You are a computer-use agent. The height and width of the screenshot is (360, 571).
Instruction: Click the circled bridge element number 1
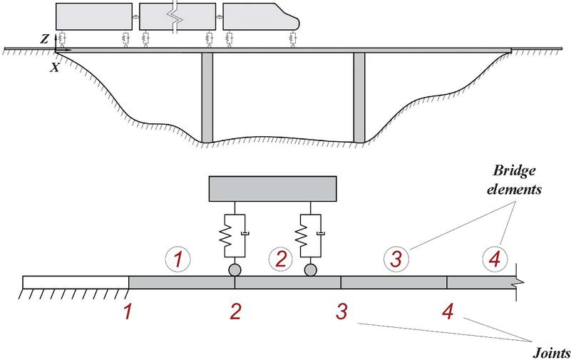click(x=178, y=259)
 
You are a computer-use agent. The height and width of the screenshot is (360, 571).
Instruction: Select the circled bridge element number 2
click(x=281, y=259)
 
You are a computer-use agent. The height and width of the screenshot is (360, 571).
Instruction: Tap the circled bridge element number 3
click(x=396, y=259)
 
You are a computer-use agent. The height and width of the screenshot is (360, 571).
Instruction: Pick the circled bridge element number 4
click(x=495, y=259)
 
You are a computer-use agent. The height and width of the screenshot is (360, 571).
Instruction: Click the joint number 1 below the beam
click(x=127, y=312)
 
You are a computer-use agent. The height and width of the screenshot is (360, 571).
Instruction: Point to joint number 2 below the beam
click(x=236, y=312)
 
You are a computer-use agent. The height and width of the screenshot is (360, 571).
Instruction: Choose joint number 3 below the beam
click(x=341, y=312)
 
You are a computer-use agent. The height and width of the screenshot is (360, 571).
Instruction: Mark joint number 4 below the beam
click(x=448, y=312)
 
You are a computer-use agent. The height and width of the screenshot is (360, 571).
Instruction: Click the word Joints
click(x=551, y=353)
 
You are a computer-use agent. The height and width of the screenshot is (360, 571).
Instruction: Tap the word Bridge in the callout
click(x=514, y=171)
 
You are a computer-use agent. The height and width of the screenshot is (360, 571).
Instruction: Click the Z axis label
click(x=44, y=39)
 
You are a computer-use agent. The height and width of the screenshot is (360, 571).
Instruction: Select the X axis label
click(x=54, y=67)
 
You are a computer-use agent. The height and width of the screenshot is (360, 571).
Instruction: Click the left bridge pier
click(x=207, y=98)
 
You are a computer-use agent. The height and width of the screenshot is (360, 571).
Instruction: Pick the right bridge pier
click(x=359, y=98)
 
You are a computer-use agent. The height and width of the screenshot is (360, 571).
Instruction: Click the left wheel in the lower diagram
click(x=235, y=270)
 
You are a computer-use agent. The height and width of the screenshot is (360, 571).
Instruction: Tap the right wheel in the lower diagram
click(x=310, y=270)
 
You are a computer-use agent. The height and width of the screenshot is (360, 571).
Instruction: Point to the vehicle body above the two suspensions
click(x=273, y=189)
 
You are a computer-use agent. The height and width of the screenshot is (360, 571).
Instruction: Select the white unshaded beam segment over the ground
click(x=76, y=282)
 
